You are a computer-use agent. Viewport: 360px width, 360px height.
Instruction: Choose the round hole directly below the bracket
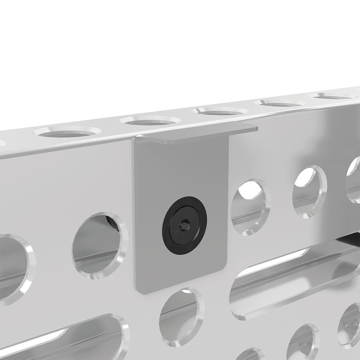point(180,316)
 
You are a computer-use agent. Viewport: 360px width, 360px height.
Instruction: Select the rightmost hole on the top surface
point(334,96)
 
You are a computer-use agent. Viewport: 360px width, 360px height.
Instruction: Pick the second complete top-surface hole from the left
point(150,120)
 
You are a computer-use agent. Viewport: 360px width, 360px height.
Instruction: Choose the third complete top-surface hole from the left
point(220,110)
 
